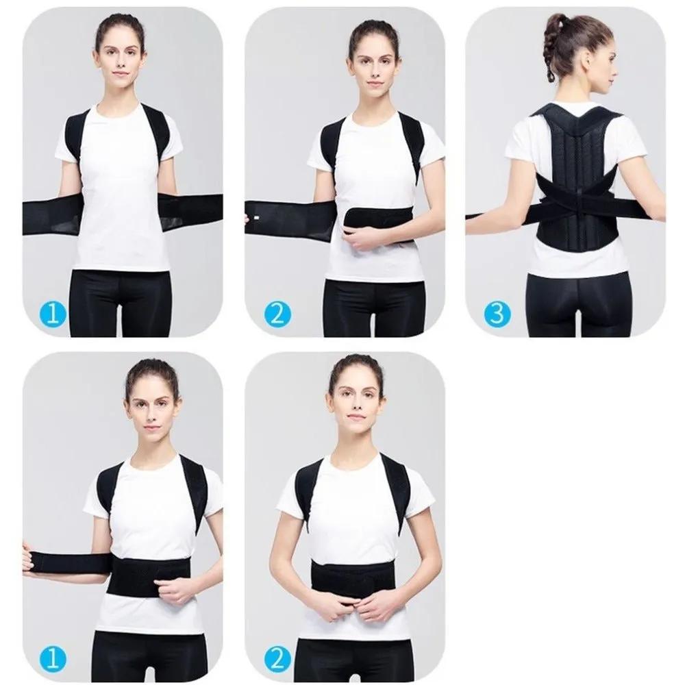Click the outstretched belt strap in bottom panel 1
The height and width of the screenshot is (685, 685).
pyautogui.click(x=68, y=564)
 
